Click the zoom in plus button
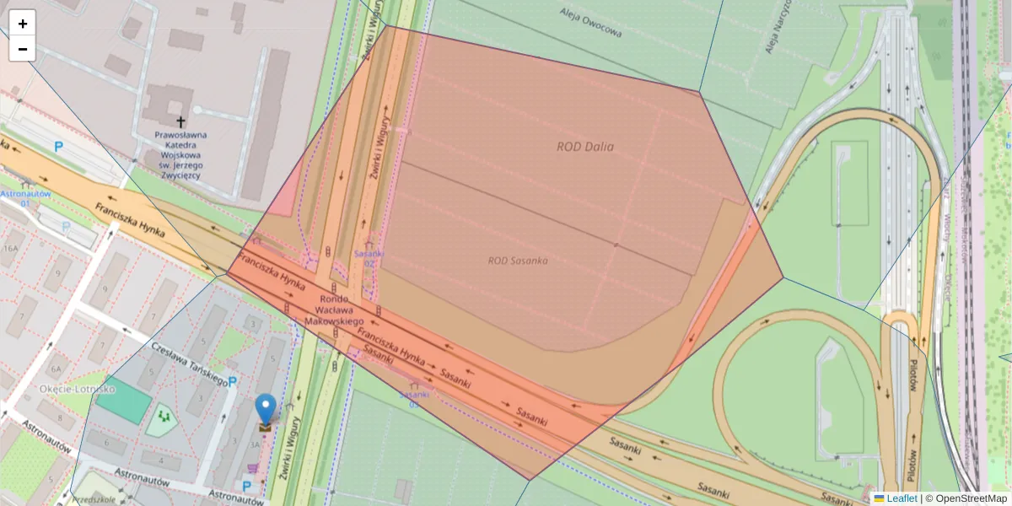[x=23, y=24]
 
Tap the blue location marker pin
[x=266, y=409]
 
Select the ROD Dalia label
[x=584, y=147]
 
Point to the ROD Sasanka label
[x=518, y=261]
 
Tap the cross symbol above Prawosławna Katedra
[x=180, y=121]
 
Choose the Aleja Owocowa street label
[x=591, y=24]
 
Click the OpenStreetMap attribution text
[x=970, y=498]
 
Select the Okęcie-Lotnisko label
[x=77, y=390]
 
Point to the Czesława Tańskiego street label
[x=189, y=364]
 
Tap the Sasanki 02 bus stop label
[x=369, y=258]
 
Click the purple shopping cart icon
[x=251, y=467]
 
